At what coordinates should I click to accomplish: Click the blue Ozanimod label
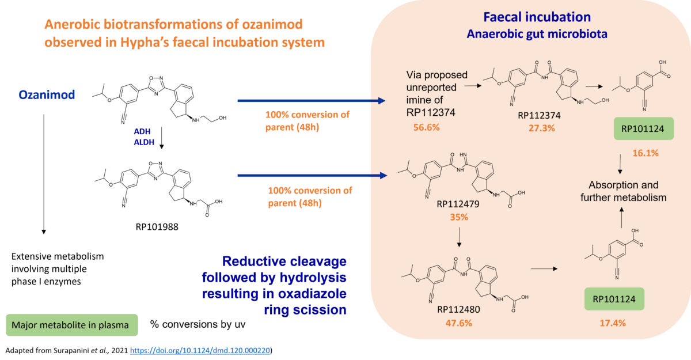[47, 94]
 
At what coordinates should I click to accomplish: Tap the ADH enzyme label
[142, 131]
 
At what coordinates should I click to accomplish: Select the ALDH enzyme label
[144, 142]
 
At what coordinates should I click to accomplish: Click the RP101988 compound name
[157, 227]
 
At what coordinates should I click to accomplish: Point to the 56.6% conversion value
[426, 127]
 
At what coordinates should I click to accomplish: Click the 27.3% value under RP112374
[542, 128]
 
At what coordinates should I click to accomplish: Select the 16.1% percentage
[646, 153]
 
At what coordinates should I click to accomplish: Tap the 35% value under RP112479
[459, 217]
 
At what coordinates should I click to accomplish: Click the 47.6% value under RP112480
[459, 323]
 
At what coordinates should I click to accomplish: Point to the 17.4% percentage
[613, 323]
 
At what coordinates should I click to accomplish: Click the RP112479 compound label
[458, 204]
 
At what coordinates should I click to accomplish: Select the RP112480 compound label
[458, 309]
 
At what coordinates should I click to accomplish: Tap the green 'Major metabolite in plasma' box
[72, 325]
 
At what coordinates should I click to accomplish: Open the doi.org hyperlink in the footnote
[200, 350]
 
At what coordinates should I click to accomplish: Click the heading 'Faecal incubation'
[537, 17]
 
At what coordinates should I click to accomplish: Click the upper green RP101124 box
[644, 128]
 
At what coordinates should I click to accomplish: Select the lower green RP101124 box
[614, 299]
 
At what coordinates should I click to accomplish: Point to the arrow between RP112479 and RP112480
[459, 237]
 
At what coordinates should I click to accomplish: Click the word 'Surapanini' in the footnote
[71, 350]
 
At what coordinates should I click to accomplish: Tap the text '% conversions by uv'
[198, 324]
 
